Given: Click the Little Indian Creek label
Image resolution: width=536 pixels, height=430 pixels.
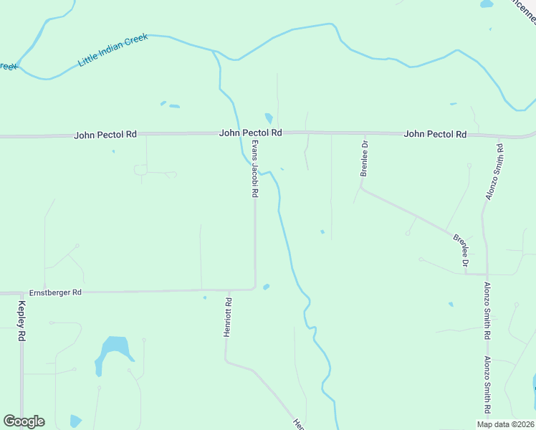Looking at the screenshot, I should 113,51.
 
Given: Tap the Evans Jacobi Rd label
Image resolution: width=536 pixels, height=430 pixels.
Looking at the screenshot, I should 254,168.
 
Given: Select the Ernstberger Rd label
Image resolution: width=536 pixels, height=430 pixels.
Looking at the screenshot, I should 56,292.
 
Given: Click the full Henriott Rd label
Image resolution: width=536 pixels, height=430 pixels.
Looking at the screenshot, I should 227,318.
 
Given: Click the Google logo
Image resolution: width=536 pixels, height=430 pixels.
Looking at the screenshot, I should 24,421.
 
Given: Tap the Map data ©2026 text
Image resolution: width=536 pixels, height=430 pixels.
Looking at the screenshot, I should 504,424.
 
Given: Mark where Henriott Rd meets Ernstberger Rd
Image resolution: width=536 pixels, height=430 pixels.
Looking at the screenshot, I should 227,291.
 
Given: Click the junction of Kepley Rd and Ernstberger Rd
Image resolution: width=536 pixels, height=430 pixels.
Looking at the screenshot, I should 21,293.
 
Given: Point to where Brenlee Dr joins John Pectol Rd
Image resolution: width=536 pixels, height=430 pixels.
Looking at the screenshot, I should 364,134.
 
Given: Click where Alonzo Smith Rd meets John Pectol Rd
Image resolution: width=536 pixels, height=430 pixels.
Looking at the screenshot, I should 498,137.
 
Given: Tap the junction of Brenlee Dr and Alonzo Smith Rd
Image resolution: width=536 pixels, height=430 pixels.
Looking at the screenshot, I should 487,274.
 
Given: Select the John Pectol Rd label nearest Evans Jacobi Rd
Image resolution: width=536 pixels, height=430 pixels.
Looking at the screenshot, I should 251,133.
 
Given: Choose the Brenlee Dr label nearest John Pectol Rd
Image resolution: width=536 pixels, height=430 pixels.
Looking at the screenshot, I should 364,159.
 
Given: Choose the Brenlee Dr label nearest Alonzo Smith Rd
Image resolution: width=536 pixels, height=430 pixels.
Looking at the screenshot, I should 461,251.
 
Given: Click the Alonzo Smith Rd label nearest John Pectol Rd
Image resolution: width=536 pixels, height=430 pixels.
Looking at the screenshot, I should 492,173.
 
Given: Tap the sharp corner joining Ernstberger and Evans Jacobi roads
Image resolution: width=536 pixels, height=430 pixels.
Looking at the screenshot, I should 255,288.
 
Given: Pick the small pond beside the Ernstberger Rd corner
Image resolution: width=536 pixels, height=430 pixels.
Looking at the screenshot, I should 266,287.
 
